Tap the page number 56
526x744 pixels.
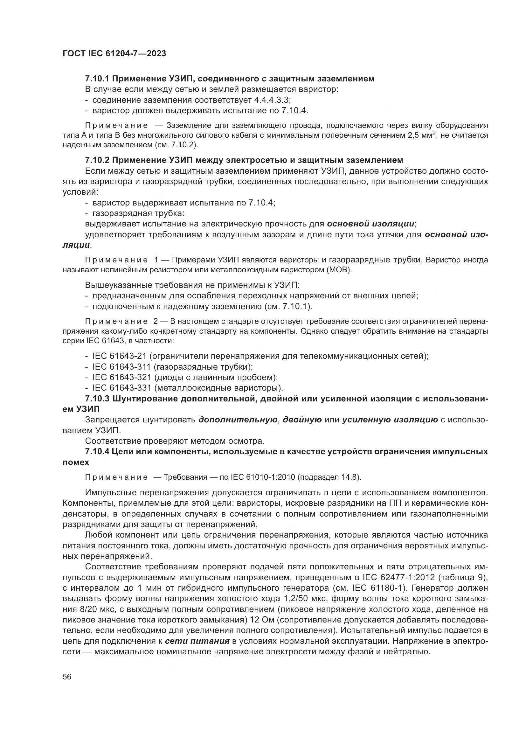tap(67, 677)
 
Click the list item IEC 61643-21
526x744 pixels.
tap(120, 357)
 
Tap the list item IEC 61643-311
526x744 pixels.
tap(122, 367)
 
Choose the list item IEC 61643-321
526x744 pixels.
tap(122, 378)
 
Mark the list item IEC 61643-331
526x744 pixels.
tap(122, 388)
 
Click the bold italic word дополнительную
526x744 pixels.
tap(238, 420)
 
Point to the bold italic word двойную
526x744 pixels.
tap(302, 420)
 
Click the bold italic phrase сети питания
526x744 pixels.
tap(197, 642)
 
